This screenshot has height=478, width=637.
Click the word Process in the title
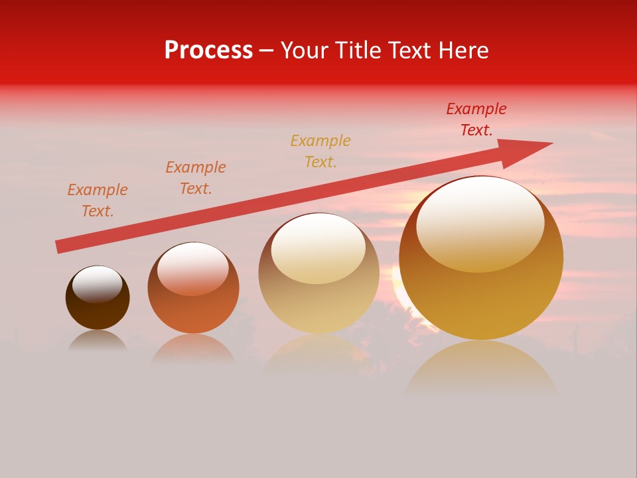(x=208, y=50)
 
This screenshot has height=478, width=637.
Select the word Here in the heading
(x=463, y=50)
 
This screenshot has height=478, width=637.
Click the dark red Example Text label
(x=476, y=119)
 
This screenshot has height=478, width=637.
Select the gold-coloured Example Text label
(x=320, y=151)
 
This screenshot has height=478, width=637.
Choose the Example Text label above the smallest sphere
(x=98, y=200)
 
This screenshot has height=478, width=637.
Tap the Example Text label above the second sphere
(x=196, y=177)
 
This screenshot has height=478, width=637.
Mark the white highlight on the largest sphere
(x=480, y=222)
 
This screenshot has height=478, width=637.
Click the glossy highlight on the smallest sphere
(x=98, y=283)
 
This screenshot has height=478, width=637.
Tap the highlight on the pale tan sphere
(x=318, y=248)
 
